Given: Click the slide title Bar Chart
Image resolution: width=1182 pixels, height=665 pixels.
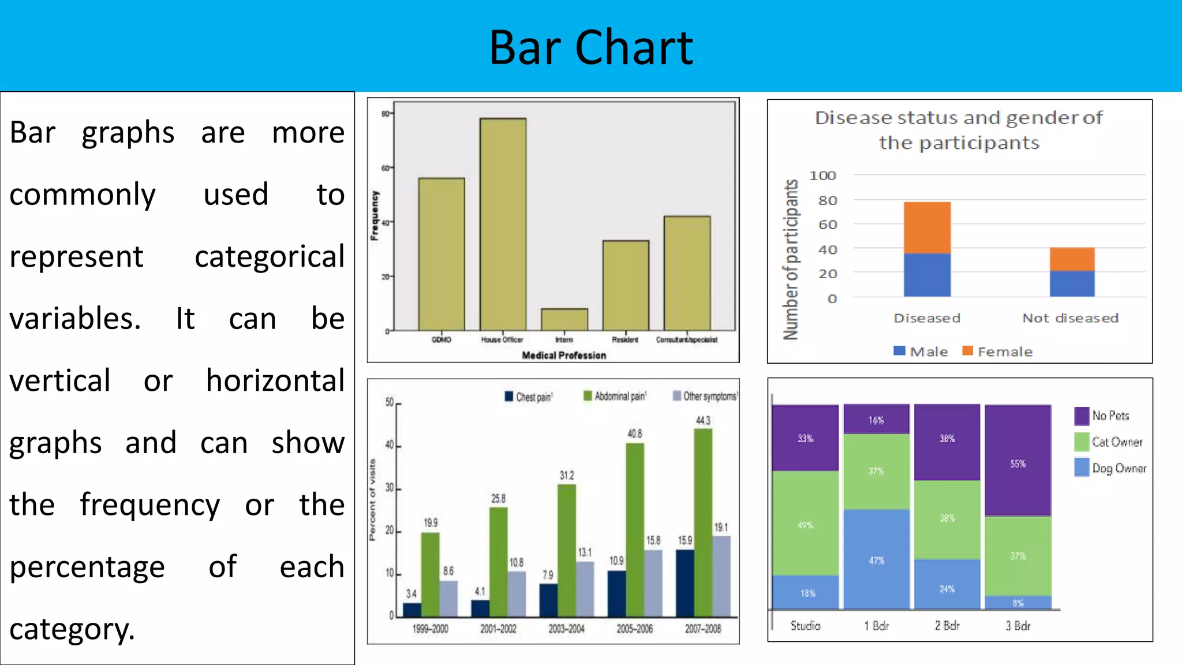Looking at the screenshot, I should pyautogui.click(x=590, y=47).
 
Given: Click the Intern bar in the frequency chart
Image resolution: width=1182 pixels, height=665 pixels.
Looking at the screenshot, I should pyautogui.click(x=564, y=319).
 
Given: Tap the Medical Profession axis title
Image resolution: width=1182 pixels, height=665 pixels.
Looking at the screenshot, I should pyautogui.click(x=564, y=356).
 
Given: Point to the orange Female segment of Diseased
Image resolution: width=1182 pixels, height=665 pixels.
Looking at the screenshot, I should pyautogui.click(x=927, y=227).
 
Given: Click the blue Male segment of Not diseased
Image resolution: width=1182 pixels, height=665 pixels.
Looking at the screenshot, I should pyautogui.click(x=1072, y=283).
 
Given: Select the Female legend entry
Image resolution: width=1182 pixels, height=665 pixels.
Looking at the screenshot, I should pyautogui.click(x=997, y=352).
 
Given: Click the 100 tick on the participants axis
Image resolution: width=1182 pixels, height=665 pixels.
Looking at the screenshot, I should pyautogui.click(x=822, y=175).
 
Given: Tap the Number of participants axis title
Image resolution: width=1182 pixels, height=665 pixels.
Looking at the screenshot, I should pyautogui.click(x=791, y=260).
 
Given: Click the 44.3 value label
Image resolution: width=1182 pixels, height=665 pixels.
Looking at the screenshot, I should pyautogui.click(x=703, y=420).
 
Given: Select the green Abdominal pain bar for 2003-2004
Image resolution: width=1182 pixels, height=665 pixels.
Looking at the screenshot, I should pyautogui.click(x=567, y=550).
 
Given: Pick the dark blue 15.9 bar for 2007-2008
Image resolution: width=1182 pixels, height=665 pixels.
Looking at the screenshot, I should pyautogui.click(x=685, y=583).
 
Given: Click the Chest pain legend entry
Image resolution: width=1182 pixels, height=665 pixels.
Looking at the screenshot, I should pyautogui.click(x=529, y=397).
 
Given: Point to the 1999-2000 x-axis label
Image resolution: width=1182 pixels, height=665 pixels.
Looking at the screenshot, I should pyautogui.click(x=430, y=629).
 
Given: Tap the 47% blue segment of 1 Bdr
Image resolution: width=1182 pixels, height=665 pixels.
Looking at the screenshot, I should pyautogui.click(x=876, y=559).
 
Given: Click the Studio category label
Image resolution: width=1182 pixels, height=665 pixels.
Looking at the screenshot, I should pyautogui.click(x=805, y=626).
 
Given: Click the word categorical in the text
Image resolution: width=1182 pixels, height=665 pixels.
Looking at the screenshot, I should pyautogui.click(x=270, y=257).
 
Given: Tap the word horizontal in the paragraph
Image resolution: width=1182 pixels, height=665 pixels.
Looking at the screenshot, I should pyautogui.click(x=275, y=381).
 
